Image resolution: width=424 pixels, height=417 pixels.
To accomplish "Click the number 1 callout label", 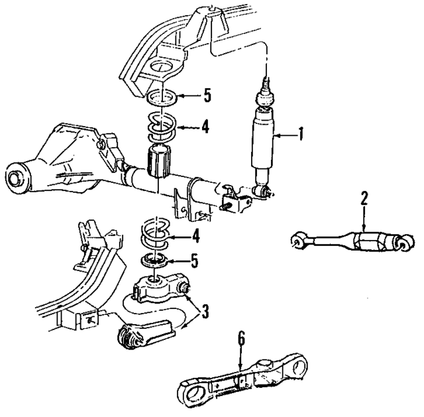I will click(x=301, y=135).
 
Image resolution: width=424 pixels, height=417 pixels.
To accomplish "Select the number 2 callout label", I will click(x=364, y=197).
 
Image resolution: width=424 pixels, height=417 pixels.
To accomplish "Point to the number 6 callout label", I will click(x=241, y=339).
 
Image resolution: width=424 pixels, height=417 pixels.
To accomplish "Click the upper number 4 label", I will click(x=206, y=125).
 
